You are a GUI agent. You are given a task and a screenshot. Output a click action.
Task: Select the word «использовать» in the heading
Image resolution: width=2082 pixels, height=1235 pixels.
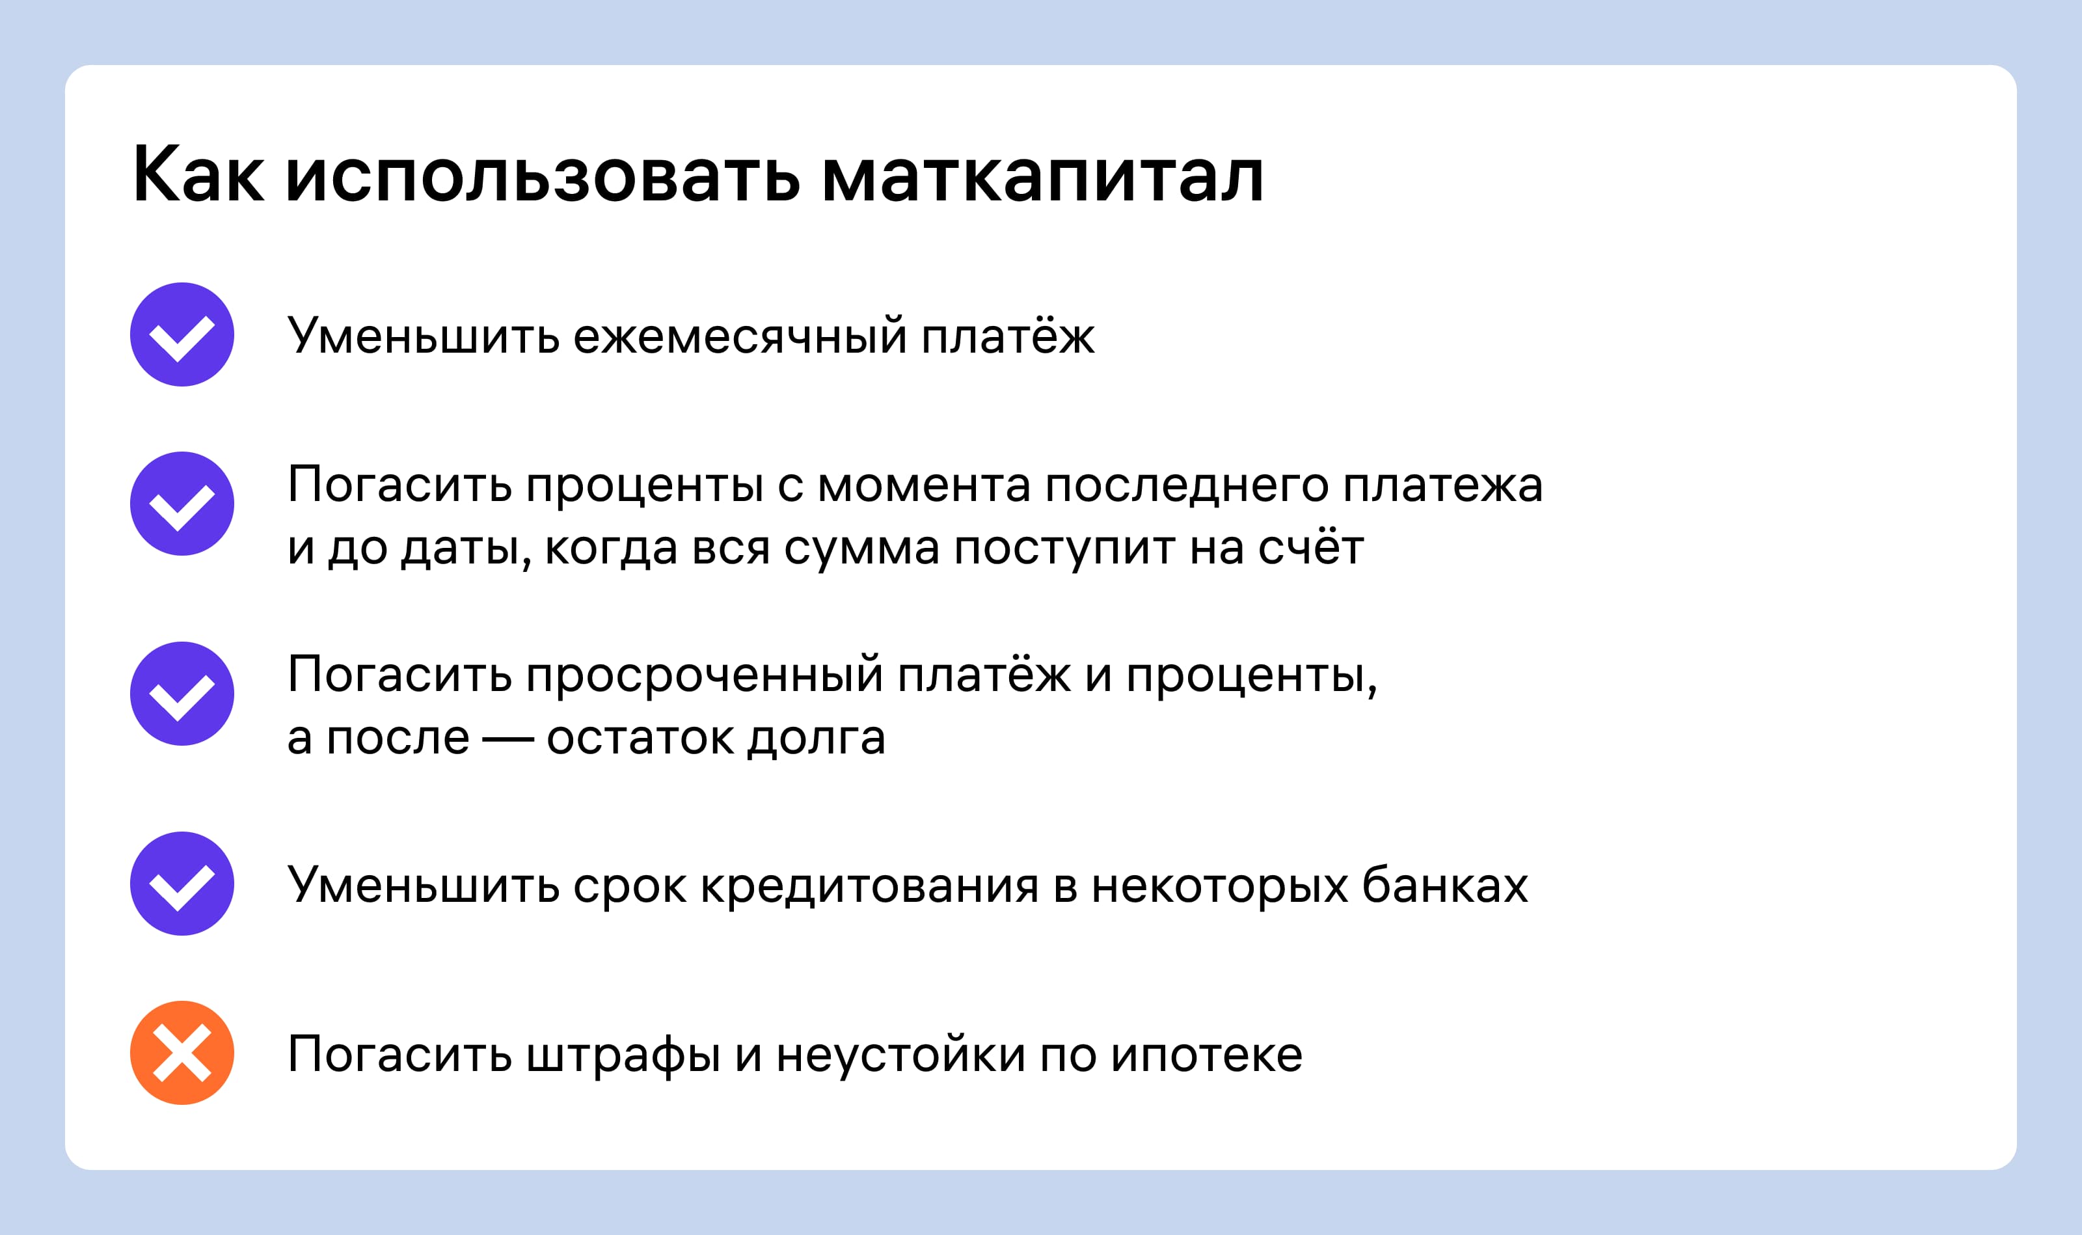543,176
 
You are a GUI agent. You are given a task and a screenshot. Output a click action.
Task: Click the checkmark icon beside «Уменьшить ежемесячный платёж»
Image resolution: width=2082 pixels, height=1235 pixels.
182,334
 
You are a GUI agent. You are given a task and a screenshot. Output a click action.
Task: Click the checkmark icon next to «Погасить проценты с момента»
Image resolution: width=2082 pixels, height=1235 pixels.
182,504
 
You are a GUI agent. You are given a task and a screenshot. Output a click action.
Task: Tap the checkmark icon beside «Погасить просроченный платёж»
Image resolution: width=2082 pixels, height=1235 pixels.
182,693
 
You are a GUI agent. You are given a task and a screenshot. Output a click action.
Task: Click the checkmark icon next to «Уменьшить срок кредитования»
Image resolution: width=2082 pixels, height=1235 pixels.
182,883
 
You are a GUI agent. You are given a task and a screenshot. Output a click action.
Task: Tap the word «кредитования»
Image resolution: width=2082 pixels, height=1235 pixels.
870,886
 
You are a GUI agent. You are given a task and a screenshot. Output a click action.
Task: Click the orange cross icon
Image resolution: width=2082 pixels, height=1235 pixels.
182,1053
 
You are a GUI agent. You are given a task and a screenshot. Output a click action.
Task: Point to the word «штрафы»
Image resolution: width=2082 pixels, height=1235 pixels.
623,1055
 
